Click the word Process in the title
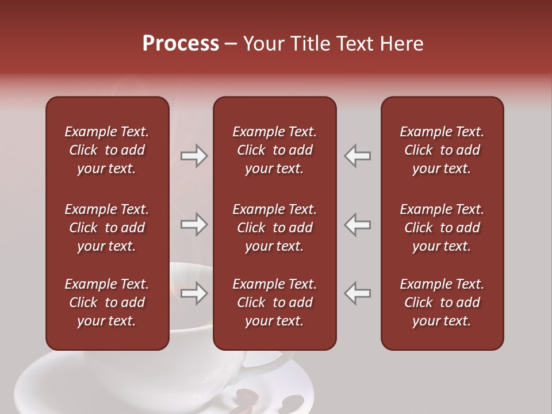click(181, 44)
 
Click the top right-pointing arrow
click(194, 156)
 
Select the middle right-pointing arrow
click(194, 224)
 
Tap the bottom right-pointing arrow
click(194, 293)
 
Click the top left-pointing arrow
click(358, 156)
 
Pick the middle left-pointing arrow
click(358, 224)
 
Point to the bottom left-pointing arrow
click(358, 293)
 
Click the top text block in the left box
click(106, 150)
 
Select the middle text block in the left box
click(106, 228)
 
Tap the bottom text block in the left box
click(106, 302)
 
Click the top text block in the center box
click(274, 150)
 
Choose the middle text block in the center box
click(274, 228)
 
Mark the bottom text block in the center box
click(274, 302)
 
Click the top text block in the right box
click(442, 150)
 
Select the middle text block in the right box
click(442, 228)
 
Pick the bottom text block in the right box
click(442, 302)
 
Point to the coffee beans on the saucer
click(270, 400)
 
